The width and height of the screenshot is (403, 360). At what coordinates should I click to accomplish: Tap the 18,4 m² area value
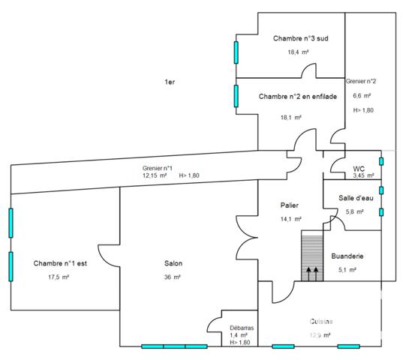pyautogui.click(x=298, y=52)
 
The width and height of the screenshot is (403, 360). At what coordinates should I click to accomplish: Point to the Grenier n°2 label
pyautogui.click(x=361, y=80)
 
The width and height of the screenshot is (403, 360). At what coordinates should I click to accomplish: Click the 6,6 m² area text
pyautogui.click(x=362, y=95)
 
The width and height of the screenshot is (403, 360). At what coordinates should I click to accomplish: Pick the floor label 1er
pyautogui.click(x=170, y=82)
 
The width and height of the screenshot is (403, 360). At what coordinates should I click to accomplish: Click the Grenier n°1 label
pyautogui.click(x=157, y=168)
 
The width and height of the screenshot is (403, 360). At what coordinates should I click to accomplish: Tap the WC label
pyautogui.click(x=359, y=169)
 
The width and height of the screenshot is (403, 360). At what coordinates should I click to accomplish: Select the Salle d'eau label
pyautogui.click(x=356, y=197)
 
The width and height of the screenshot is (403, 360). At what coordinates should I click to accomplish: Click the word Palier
pyautogui.click(x=290, y=205)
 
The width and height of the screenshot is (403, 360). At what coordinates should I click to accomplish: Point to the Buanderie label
pyautogui.click(x=350, y=256)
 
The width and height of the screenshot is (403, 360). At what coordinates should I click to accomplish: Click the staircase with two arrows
pyautogui.click(x=311, y=256)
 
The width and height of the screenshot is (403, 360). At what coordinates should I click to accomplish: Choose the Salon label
pyautogui.click(x=173, y=263)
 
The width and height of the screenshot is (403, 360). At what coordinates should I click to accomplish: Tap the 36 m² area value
pyautogui.click(x=173, y=277)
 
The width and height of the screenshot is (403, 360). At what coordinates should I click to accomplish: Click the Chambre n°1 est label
pyautogui.click(x=61, y=263)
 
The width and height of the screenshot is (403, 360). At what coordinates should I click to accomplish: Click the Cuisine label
pyautogui.click(x=322, y=321)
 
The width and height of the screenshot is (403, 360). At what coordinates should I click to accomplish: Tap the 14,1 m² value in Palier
pyautogui.click(x=290, y=219)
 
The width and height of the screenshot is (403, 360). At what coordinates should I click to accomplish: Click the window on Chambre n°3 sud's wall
pyautogui.click(x=236, y=52)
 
